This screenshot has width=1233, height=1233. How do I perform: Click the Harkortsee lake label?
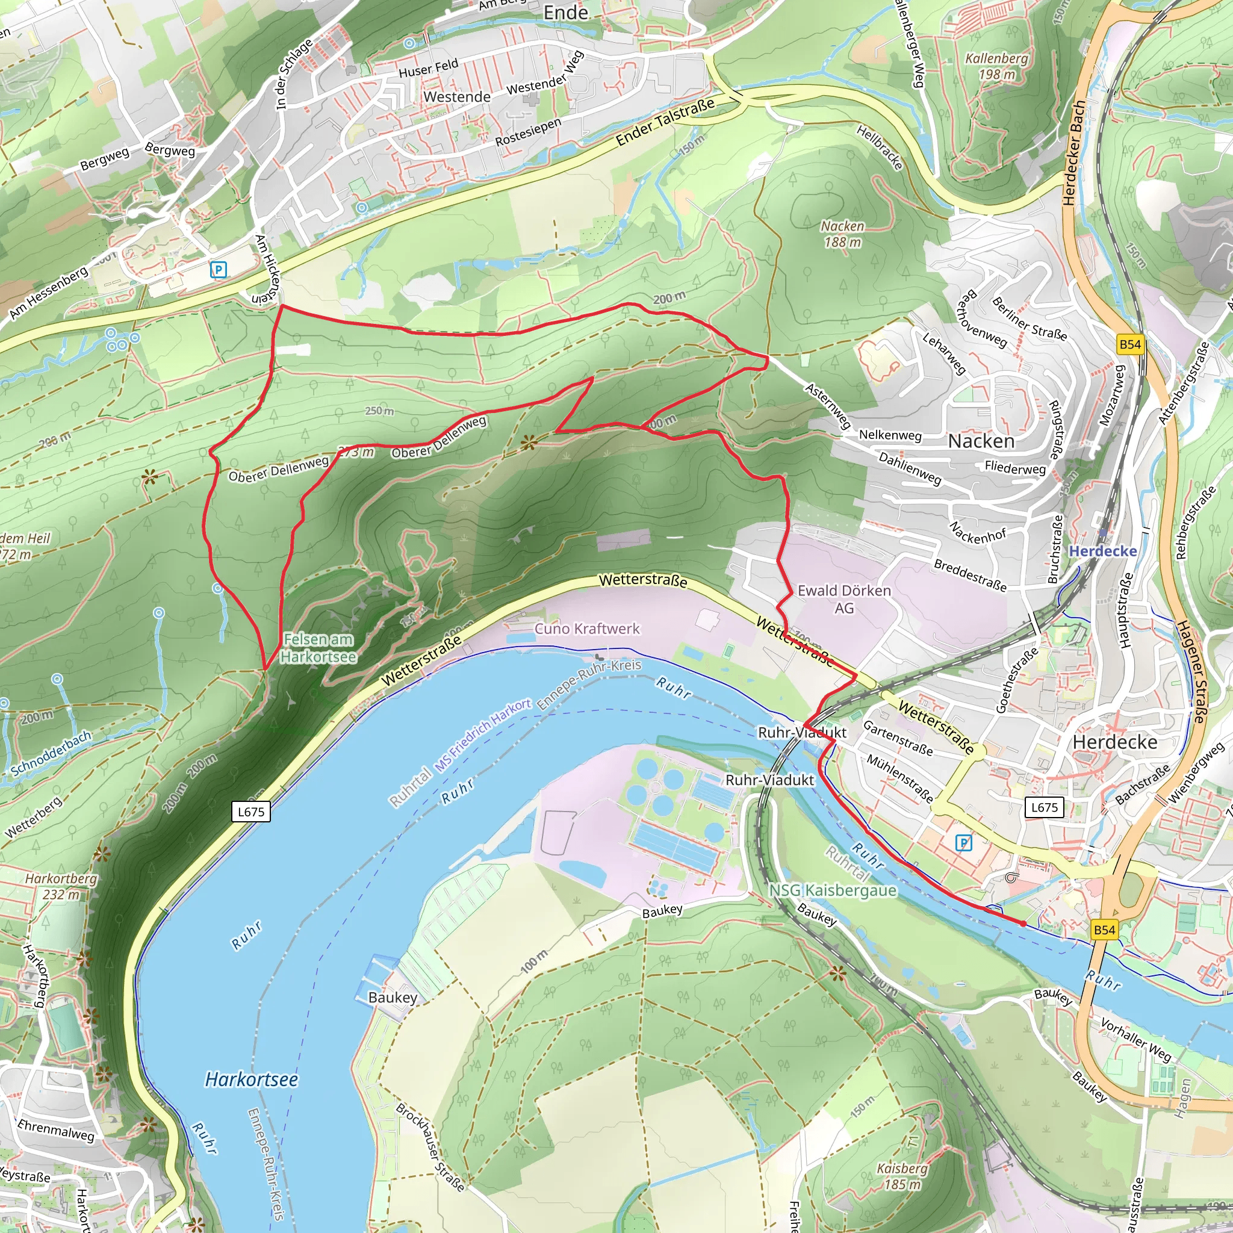tap(251, 1079)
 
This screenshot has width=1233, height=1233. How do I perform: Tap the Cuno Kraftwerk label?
tap(586, 629)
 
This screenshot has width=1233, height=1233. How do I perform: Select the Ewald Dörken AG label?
tap(843, 598)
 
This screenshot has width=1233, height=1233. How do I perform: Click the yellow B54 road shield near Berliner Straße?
tap(1129, 344)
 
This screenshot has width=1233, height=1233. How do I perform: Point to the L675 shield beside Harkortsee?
tap(251, 812)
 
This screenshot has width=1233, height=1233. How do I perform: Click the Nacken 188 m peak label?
tap(842, 234)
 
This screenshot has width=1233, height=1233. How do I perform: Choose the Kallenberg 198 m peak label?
tap(996, 66)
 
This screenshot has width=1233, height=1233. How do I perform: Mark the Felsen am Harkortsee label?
tap(318, 647)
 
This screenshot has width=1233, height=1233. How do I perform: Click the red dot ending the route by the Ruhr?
tap(1023, 924)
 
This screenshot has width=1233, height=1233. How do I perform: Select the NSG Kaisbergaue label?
tap(832, 890)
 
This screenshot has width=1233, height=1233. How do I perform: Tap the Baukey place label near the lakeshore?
tap(393, 998)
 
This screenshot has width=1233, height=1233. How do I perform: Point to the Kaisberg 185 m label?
tap(902, 1176)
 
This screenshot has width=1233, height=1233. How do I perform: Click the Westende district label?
tap(457, 97)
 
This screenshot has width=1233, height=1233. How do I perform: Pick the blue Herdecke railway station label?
tap(1103, 551)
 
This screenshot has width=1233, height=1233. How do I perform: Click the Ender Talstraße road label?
tap(665, 122)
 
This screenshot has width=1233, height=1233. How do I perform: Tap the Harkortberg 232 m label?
tap(61, 886)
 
